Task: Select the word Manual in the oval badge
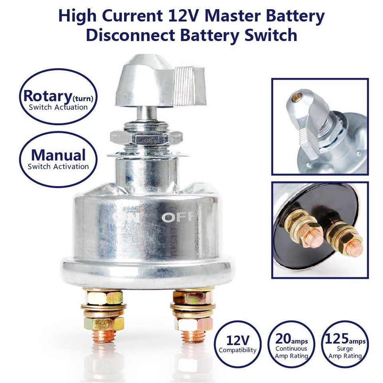pyautogui.click(x=58, y=155)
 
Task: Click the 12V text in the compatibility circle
pyautogui.click(x=238, y=340)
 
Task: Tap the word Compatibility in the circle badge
pyautogui.click(x=238, y=350)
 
